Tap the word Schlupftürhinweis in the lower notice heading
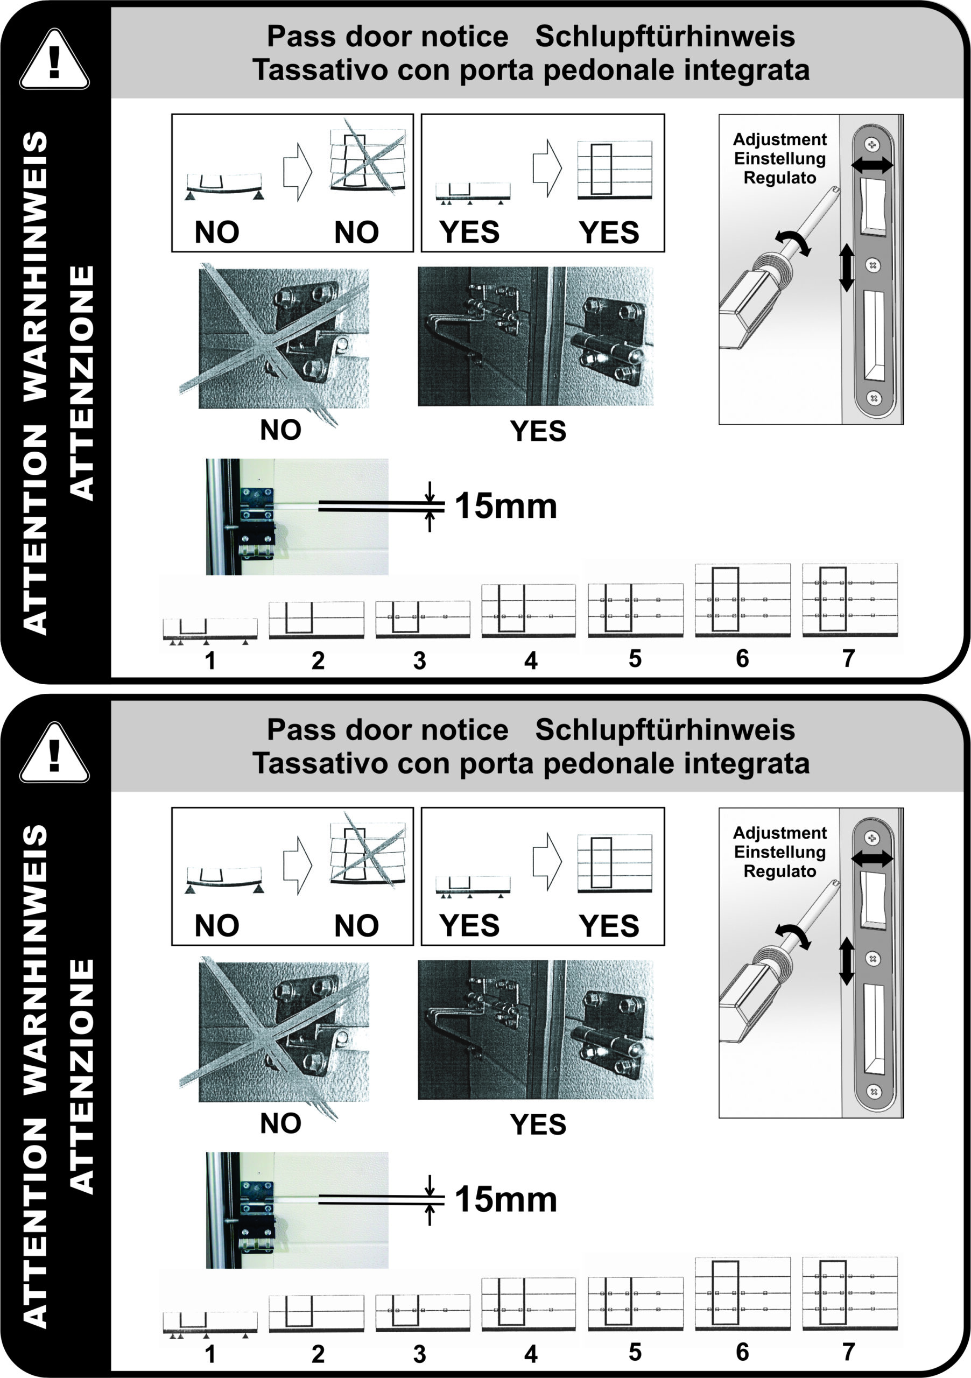tap(665, 730)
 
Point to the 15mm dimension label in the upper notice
tap(506, 506)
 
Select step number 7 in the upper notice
tap(848, 658)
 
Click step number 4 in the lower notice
tap(531, 1353)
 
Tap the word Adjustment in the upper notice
tap(779, 139)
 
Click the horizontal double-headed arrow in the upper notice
tap(872, 166)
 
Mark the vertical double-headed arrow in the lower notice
tap(846, 961)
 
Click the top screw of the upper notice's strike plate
tap(872, 145)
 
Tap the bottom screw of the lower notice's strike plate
tap(874, 1091)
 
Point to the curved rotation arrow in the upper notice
tap(793, 241)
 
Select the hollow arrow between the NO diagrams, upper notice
tap(298, 172)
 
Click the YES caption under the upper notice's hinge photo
tap(538, 432)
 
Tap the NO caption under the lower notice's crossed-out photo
tap(280, 1123)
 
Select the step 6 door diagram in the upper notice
tap(742, 600)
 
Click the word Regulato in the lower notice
tap(779, 871)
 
